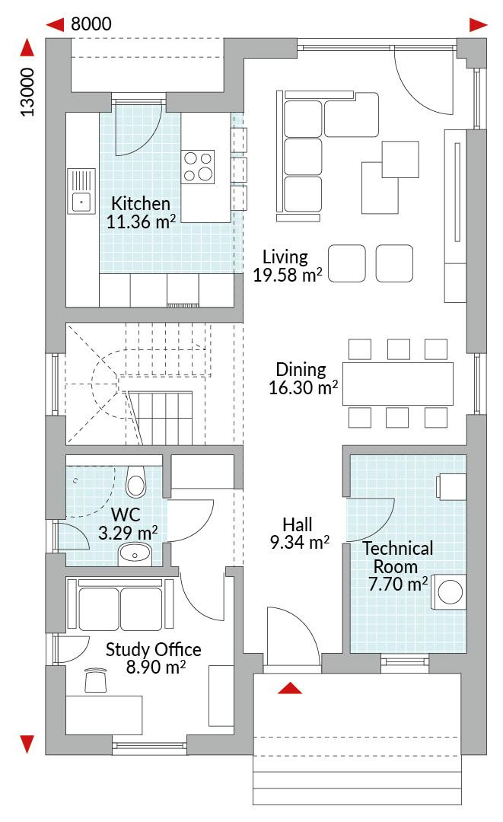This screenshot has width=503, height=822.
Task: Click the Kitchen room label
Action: [141, 203]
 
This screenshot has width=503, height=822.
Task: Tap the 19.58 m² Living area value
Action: [288, 275]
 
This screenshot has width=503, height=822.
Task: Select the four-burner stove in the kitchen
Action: [198, 167]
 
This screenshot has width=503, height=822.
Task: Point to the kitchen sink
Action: [81, 191]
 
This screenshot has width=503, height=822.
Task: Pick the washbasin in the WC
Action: [135, 554]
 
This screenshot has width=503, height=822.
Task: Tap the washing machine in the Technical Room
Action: [449, 592]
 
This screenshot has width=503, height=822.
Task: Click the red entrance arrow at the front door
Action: [290, 688]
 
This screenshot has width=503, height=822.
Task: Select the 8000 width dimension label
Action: [91, 24]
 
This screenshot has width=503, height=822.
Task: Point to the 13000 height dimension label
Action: [27, 92]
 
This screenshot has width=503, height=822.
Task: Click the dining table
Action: [398, 383]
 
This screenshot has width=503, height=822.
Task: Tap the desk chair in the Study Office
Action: [95, 680]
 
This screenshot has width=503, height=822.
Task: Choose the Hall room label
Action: [298, 524]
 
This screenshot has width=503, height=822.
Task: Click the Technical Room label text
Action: [398, 557]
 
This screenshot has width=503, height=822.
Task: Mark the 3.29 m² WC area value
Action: [128, 533]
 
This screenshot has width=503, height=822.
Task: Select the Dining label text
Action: [301, 370]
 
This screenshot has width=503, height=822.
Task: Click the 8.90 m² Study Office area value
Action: [155, 667]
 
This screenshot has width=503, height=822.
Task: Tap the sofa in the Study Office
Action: [120, 604]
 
